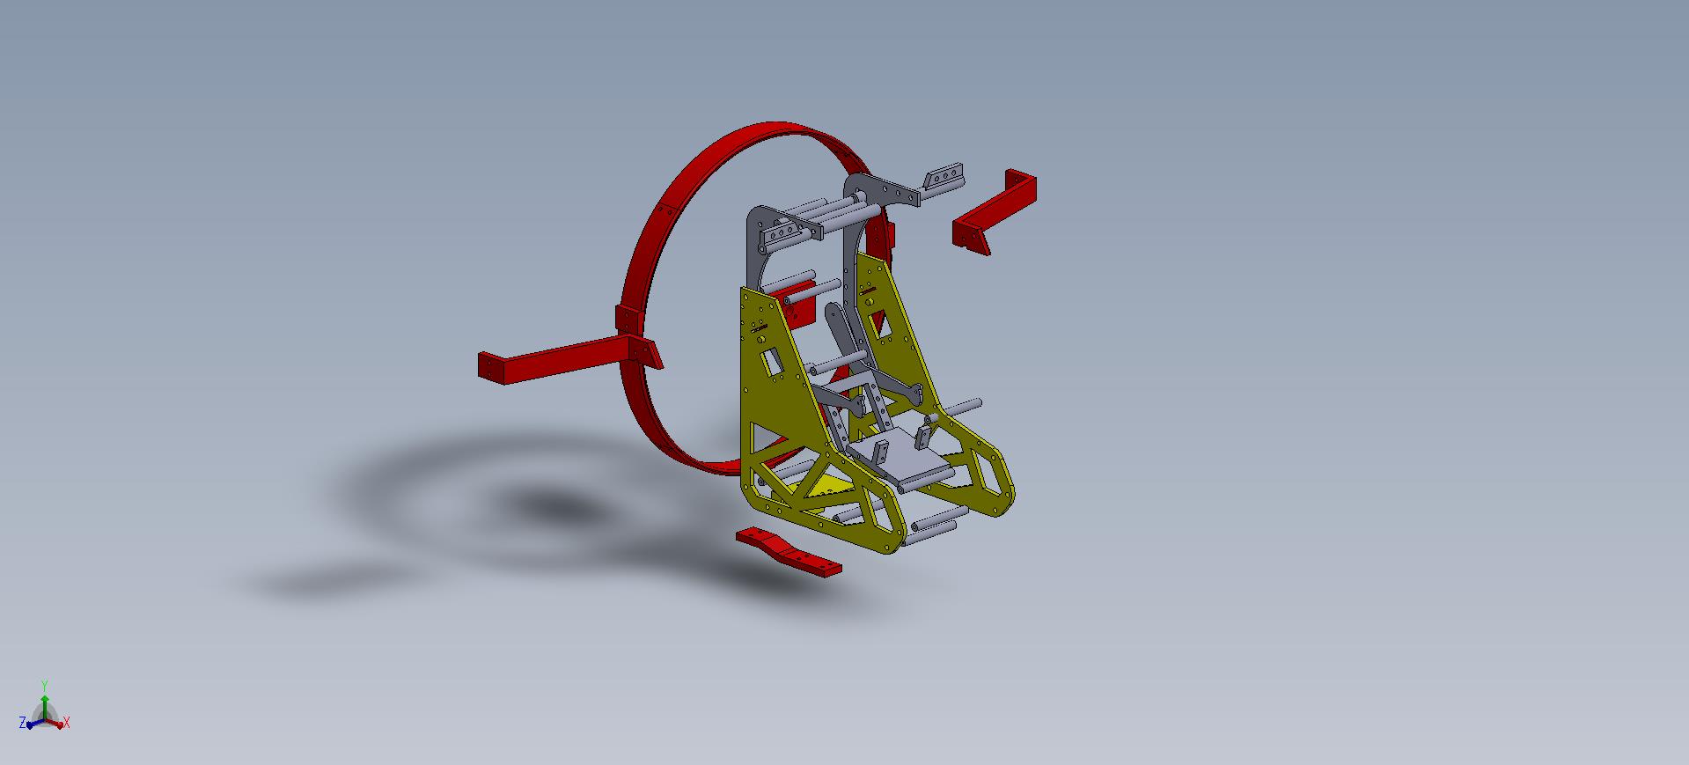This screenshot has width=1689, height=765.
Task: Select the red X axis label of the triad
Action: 67,723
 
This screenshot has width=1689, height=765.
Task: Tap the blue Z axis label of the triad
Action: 22,723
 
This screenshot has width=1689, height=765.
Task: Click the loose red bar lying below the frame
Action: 789,552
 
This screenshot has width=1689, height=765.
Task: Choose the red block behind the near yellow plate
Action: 799,305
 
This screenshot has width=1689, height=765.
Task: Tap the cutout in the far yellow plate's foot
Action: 990,480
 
